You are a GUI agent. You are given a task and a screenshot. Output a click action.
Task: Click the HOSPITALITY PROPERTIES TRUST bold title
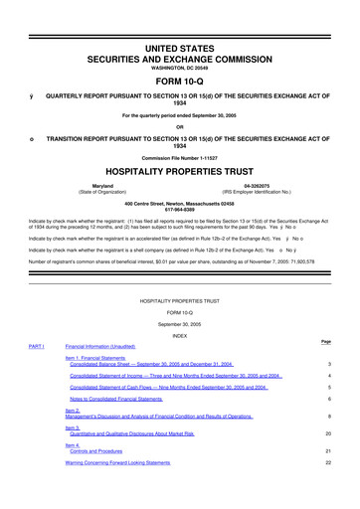pyautogui.click(x=180, y=170)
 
